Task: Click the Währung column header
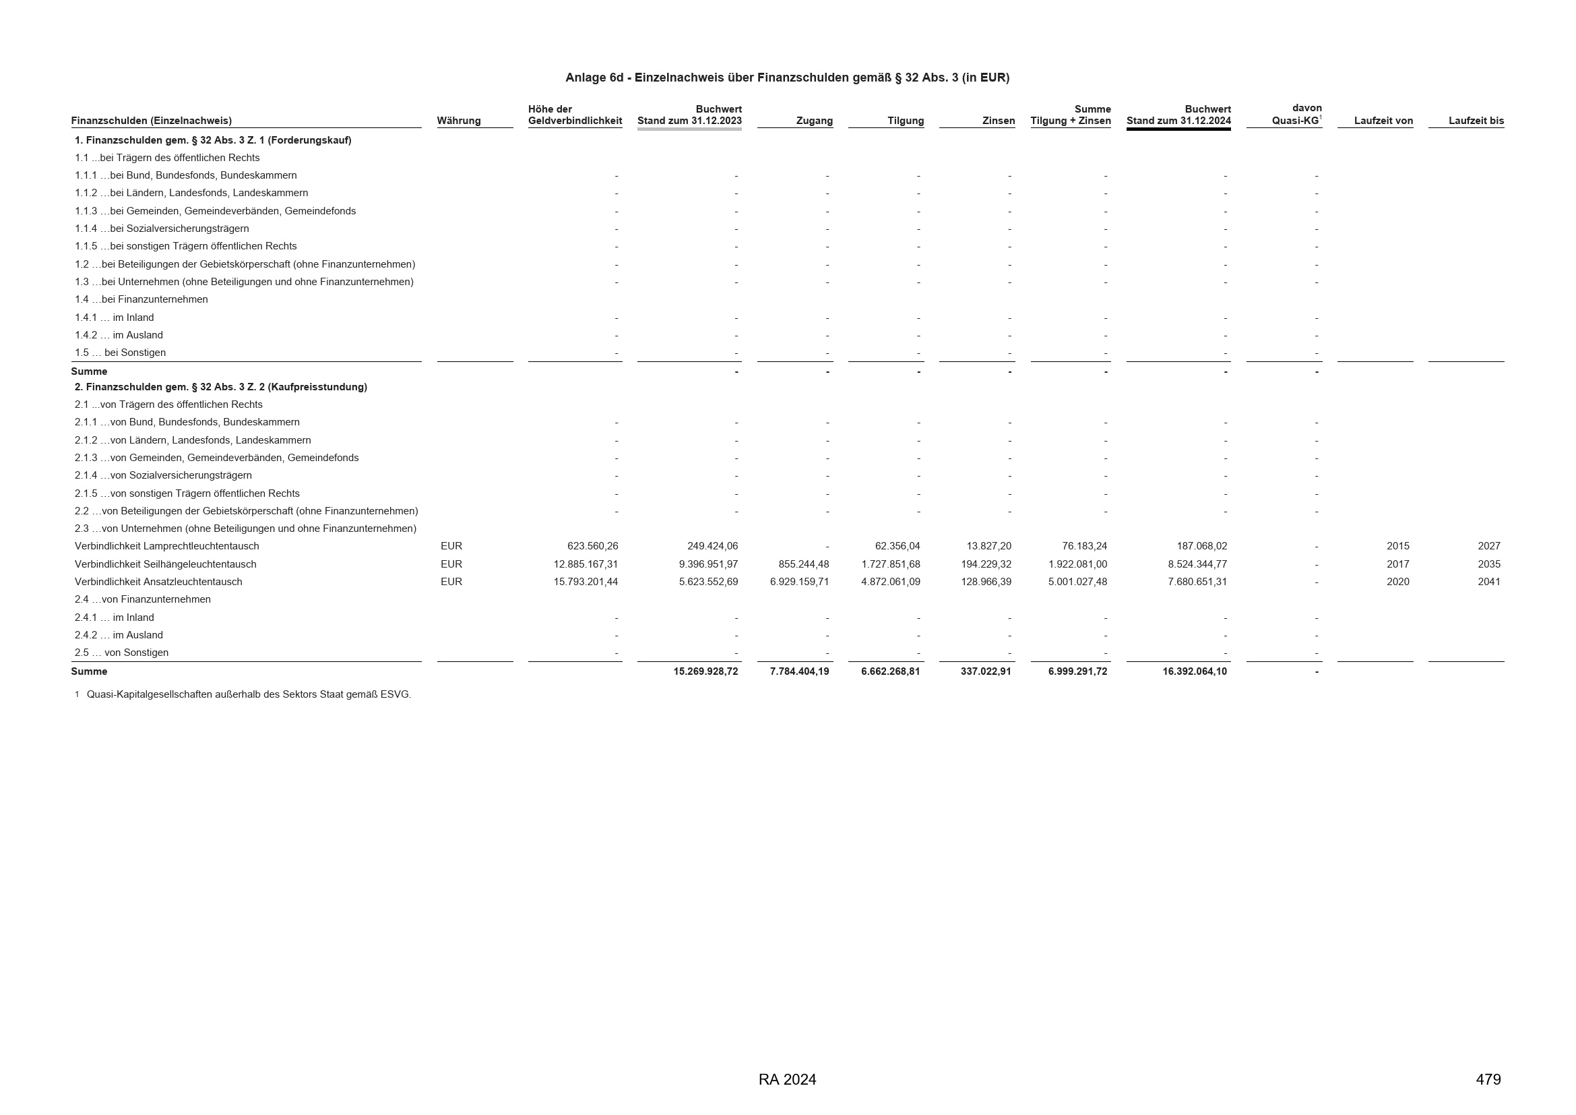click(x=459, y=121)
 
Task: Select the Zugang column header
click(x=814, y=121)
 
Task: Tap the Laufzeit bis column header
click(x=1476, y=121)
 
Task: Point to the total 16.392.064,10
click(x=1195, y=671)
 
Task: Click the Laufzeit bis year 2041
click(x=1489, y=582)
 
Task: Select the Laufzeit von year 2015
click(x=1397, y=547)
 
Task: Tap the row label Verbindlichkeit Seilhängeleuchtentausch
click(x=166, y=564)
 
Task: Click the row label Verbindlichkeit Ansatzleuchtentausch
click(x=158, y=582)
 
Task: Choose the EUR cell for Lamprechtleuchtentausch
click(x=451, y=547)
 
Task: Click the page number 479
click(x=1488, y=1080)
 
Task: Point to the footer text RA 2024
click(x=787, y=1080)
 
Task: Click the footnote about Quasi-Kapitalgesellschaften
click(x=249, y=695)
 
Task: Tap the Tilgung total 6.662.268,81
click(x=890, y=671)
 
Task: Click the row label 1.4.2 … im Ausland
click(x=119, y=335)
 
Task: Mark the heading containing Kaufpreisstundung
click(x=221, y=387)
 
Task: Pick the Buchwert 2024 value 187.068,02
click(x=1201, y=547)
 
